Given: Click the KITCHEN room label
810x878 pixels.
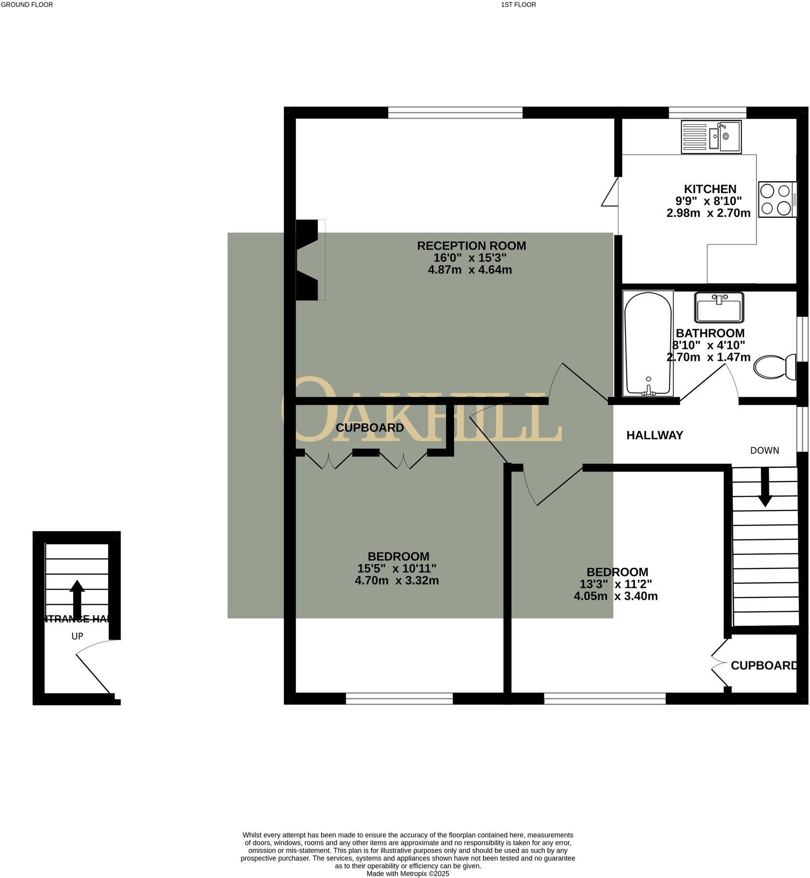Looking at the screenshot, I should click(710, 189).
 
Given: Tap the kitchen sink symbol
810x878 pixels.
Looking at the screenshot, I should click(711, 137).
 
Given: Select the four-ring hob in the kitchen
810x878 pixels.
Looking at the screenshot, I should click(777, 199).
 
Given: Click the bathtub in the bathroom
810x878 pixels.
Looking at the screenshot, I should click(648, 343).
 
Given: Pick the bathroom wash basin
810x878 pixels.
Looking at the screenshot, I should click(719, 308).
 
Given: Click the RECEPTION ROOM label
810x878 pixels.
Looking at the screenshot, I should click(471, 246).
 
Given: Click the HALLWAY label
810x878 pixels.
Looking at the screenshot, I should click(654, 435).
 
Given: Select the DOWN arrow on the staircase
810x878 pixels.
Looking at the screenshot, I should click(764, 487).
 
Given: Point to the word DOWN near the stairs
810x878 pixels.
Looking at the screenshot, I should click(764, 450).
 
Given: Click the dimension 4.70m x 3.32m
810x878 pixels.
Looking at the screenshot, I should click(396, 581).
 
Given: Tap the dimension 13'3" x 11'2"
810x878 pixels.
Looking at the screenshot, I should click(616, 584).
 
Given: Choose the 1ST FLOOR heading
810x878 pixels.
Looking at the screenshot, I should click(518, 5).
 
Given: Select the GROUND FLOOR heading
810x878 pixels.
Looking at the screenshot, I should click(27, 5).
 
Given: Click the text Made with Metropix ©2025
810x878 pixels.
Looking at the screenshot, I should click(407, 873).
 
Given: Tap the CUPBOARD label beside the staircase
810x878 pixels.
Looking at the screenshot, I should click(764, 666).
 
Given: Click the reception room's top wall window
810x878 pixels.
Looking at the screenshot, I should click(455, 113).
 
